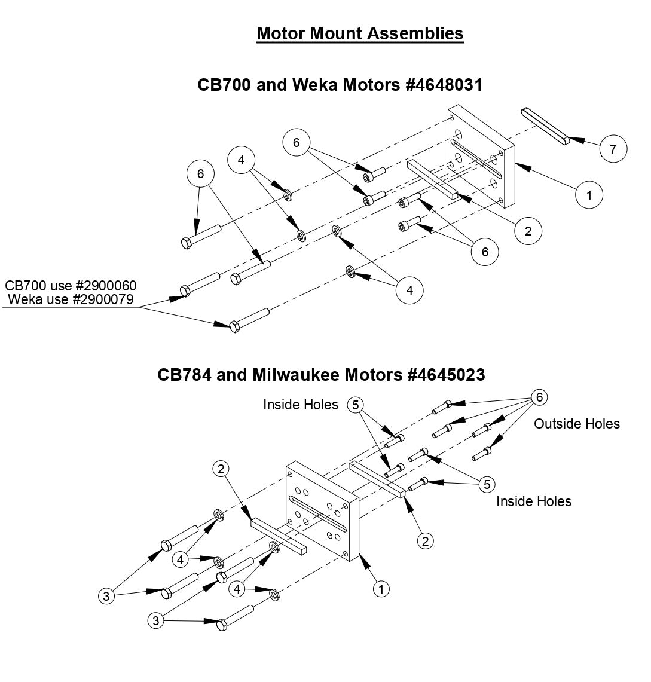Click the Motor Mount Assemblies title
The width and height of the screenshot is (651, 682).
(360, 33)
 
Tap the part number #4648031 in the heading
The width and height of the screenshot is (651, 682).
(444, 85)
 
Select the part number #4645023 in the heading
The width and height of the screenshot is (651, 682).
(445, 375)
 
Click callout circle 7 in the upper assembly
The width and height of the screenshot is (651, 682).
(612, 149)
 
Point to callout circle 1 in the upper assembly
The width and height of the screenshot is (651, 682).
(590, 195)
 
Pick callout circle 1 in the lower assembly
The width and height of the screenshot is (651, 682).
(381, 588)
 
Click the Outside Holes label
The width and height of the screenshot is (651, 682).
(576, 424)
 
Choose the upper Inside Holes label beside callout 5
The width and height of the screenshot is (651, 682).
(300, 405)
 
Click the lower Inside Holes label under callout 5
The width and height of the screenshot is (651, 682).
(533, 501)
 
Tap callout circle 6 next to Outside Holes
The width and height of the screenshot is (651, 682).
(539, 397)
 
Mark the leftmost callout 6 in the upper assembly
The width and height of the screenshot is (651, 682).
(200, 173)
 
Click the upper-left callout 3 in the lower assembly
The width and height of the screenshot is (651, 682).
(106, 595)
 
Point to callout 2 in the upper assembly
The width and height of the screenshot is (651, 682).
(527, 231)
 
